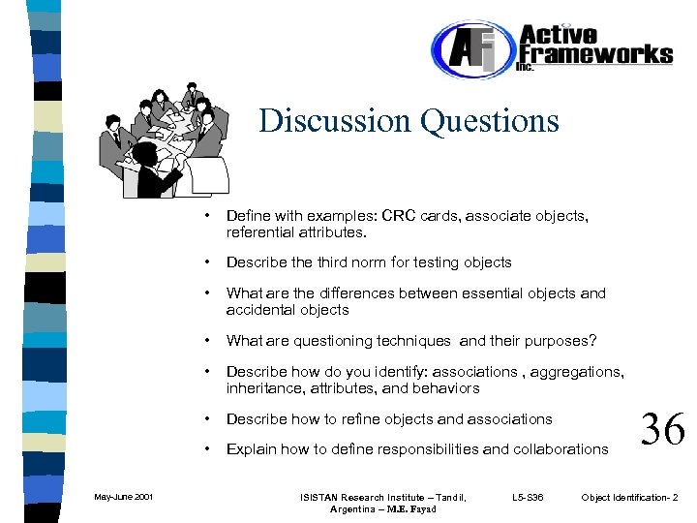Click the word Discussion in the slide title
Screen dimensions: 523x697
tap(335, 121)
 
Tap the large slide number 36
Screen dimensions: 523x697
tap(662, 428)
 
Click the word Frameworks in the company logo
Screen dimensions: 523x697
tap(595, 53)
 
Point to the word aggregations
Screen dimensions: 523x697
tap(574, 371)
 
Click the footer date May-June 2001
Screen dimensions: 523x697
tap(123, 498)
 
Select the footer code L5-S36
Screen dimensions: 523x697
tap(528, 498)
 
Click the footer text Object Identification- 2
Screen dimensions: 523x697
tap(629, 498)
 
